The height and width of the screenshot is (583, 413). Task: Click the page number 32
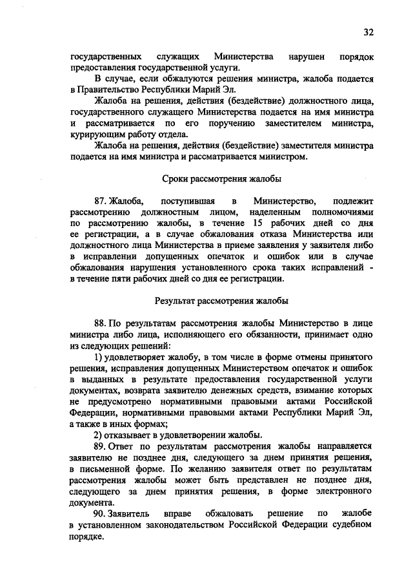point(368,32)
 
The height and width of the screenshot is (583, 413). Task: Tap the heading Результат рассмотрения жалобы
point(221,300)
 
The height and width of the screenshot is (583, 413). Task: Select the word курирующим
point(101,135)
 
